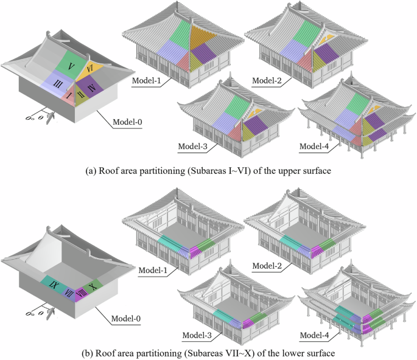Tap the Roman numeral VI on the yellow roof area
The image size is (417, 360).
point(89,69)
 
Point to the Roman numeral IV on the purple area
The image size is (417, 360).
point(91,89)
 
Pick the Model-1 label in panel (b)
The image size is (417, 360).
point(152,268)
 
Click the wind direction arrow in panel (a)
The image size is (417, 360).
point(52,116)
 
